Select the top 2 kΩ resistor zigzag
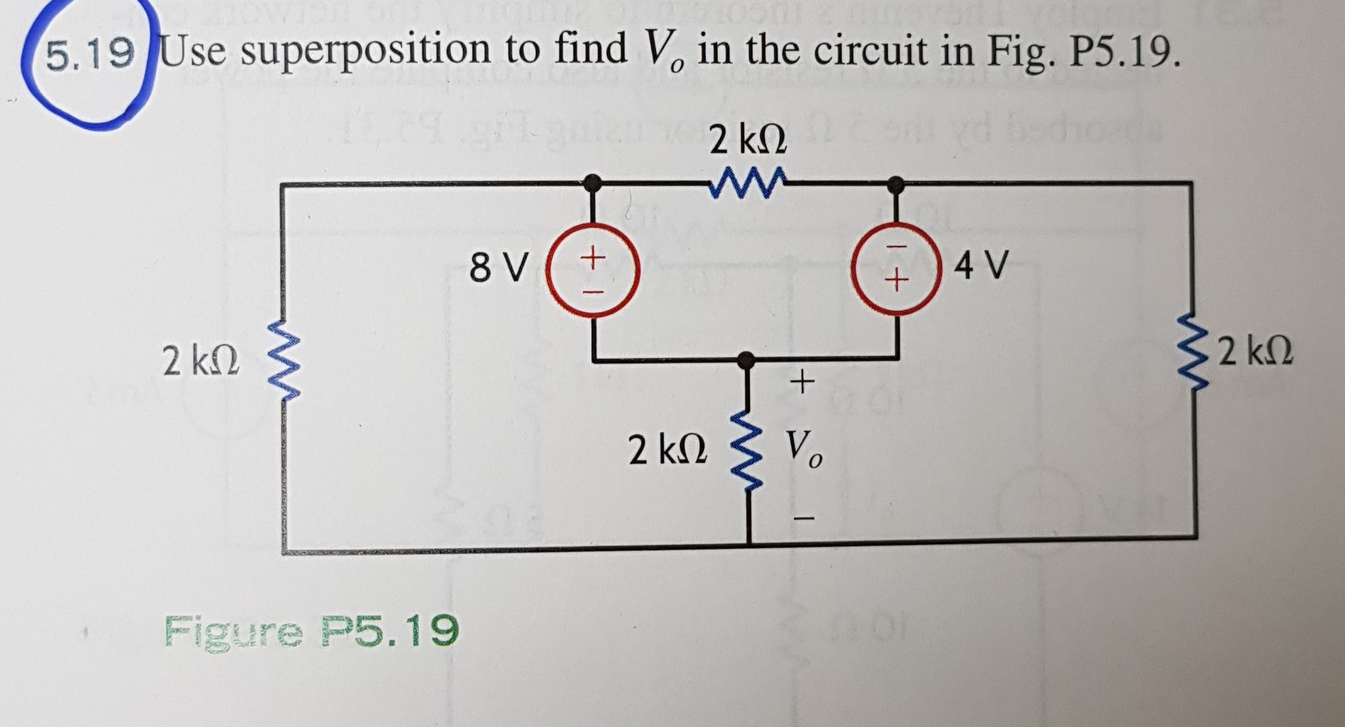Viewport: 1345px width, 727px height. [x=747, y=184]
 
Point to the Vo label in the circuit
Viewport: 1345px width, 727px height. [x=803, y=449]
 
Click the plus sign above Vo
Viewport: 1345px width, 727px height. [x=802, y=382]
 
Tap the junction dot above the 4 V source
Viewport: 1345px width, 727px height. [x=895, y=185]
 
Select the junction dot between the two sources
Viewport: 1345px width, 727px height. [x=747, y=360]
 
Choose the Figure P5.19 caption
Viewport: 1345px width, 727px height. [x=311, y=631]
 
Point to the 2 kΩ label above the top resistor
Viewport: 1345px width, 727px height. [x=747, y=141]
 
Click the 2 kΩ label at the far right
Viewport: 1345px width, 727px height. [x=1255, y=352]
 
